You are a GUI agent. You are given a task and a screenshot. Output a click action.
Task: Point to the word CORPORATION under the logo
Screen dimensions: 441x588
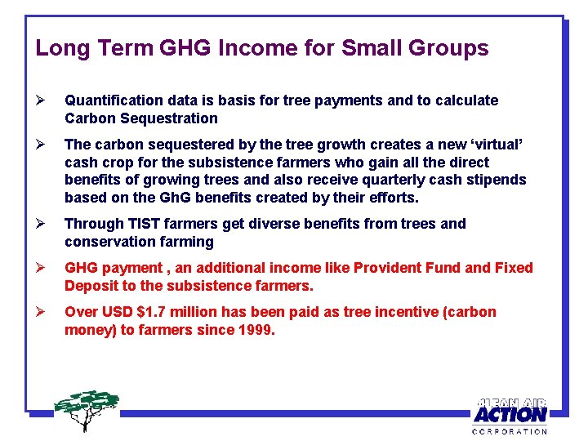(x=510, y=431)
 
